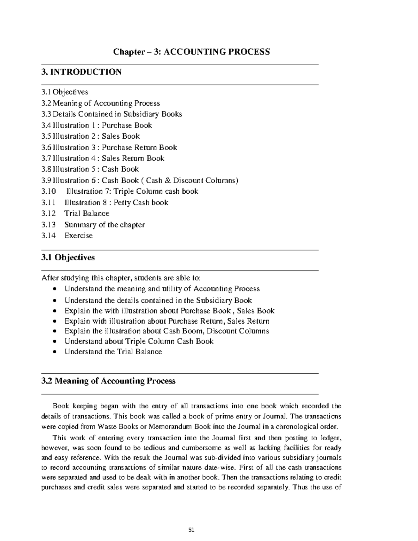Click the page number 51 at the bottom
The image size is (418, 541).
pyautogui.click(x=191, y=530)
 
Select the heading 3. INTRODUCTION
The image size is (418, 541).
pyautogui.click(x=82, y=72)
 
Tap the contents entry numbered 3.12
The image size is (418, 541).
pyautogui.click(x=48, y=214)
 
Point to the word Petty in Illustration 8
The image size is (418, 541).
pyautogui.click(x=122, y=202)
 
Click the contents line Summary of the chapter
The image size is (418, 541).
pyautogui.click(x=104, y=225)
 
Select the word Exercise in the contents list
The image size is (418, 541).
pyautogui.click(x=78, y=235)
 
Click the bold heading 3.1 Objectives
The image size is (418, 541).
pyautogui.click(x=68, y=257)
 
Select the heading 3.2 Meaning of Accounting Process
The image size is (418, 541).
pyautogui.click(x=108, y=381)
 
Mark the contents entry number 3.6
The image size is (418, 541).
pyautogui.click(x=46, y=147)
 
